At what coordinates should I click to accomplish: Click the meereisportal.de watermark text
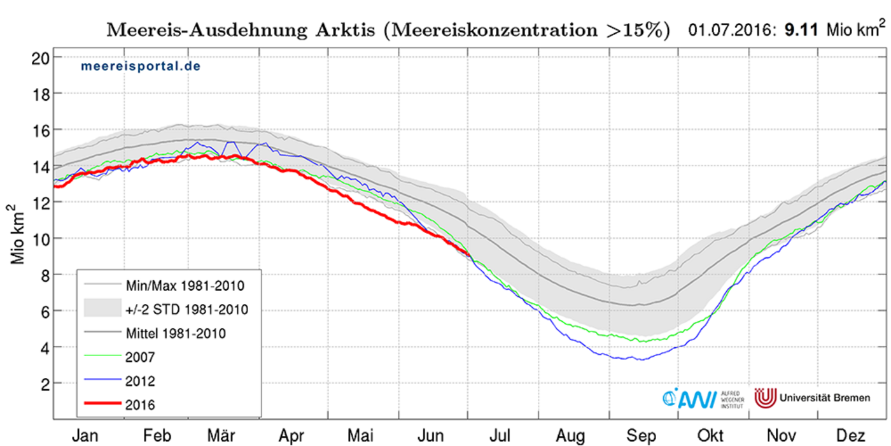click(140, 66)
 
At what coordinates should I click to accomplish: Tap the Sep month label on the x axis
click(642, 435)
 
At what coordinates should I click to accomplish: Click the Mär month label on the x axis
click(221, 435)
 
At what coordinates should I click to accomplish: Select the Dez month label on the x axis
click(851, 435)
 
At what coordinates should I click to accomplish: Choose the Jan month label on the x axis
click(85, 435)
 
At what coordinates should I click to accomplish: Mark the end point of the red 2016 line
click(469, 255)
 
